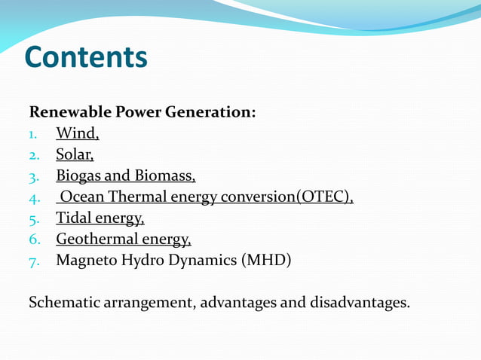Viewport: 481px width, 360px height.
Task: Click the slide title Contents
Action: tap(86, 57)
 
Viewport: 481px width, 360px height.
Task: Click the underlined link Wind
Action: tap(76, 134)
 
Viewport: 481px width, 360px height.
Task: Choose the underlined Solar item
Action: tap(74, 155)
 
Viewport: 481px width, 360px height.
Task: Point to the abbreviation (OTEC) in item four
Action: tap(323, 197)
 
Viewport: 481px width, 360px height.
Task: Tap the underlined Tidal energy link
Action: tap(100, 218)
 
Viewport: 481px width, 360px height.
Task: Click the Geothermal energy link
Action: tap(123, 239)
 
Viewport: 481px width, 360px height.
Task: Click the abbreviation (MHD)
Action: tap(265, 261)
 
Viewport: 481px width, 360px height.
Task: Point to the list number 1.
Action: tap(33, 135)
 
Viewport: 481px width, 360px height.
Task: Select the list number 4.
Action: tap(33, 198)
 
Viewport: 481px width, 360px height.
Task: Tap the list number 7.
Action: tap(33, 261)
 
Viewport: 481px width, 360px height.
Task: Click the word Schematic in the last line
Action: tap(63, 303)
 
